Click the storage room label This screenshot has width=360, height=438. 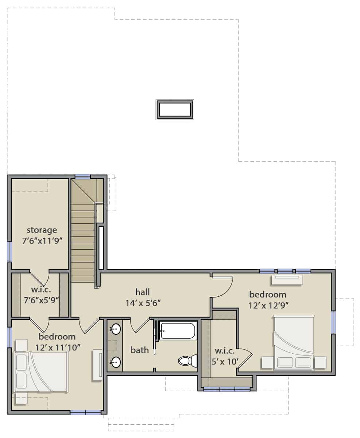(x=42, y=230)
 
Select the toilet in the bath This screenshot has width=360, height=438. (x=188, y=361)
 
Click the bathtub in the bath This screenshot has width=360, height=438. (x=178, y=331)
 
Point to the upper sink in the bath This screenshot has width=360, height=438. (x=116, y=329)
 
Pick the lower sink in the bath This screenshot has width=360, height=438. (x=116, y=362)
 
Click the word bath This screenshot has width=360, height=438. (x=140, y=350)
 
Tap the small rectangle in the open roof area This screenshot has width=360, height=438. (x=175, y=109)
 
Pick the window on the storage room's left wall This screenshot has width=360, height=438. (x=9, y=251)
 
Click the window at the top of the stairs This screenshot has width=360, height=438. (x=83, y=177)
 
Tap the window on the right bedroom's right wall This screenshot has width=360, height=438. (x=333, y=322)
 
